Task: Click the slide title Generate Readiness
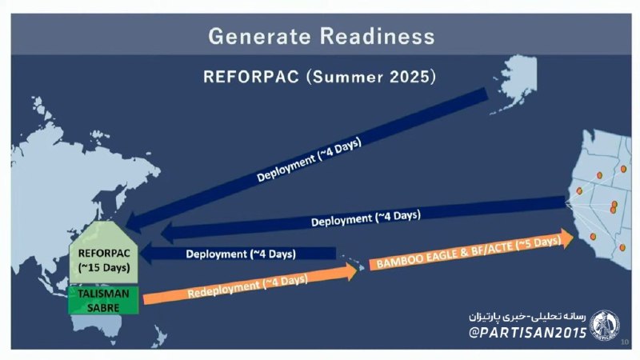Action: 322,36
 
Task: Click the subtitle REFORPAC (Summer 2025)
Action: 319,77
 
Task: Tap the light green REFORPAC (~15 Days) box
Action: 104,253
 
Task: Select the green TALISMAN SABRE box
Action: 103,301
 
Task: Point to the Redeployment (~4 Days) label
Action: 248,286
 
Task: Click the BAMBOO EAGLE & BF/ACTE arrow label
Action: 469,253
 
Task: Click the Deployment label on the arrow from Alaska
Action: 309,159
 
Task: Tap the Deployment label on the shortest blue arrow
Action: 241,254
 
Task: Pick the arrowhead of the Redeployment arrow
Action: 351,271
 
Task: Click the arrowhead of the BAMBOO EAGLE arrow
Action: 567,238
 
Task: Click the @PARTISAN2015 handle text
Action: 528,333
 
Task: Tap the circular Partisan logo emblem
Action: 605,326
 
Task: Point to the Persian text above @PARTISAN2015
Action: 527,316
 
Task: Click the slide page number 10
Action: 625,342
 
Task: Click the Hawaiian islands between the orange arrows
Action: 353,262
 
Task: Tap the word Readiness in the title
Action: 378,36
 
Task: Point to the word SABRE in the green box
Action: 103,307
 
